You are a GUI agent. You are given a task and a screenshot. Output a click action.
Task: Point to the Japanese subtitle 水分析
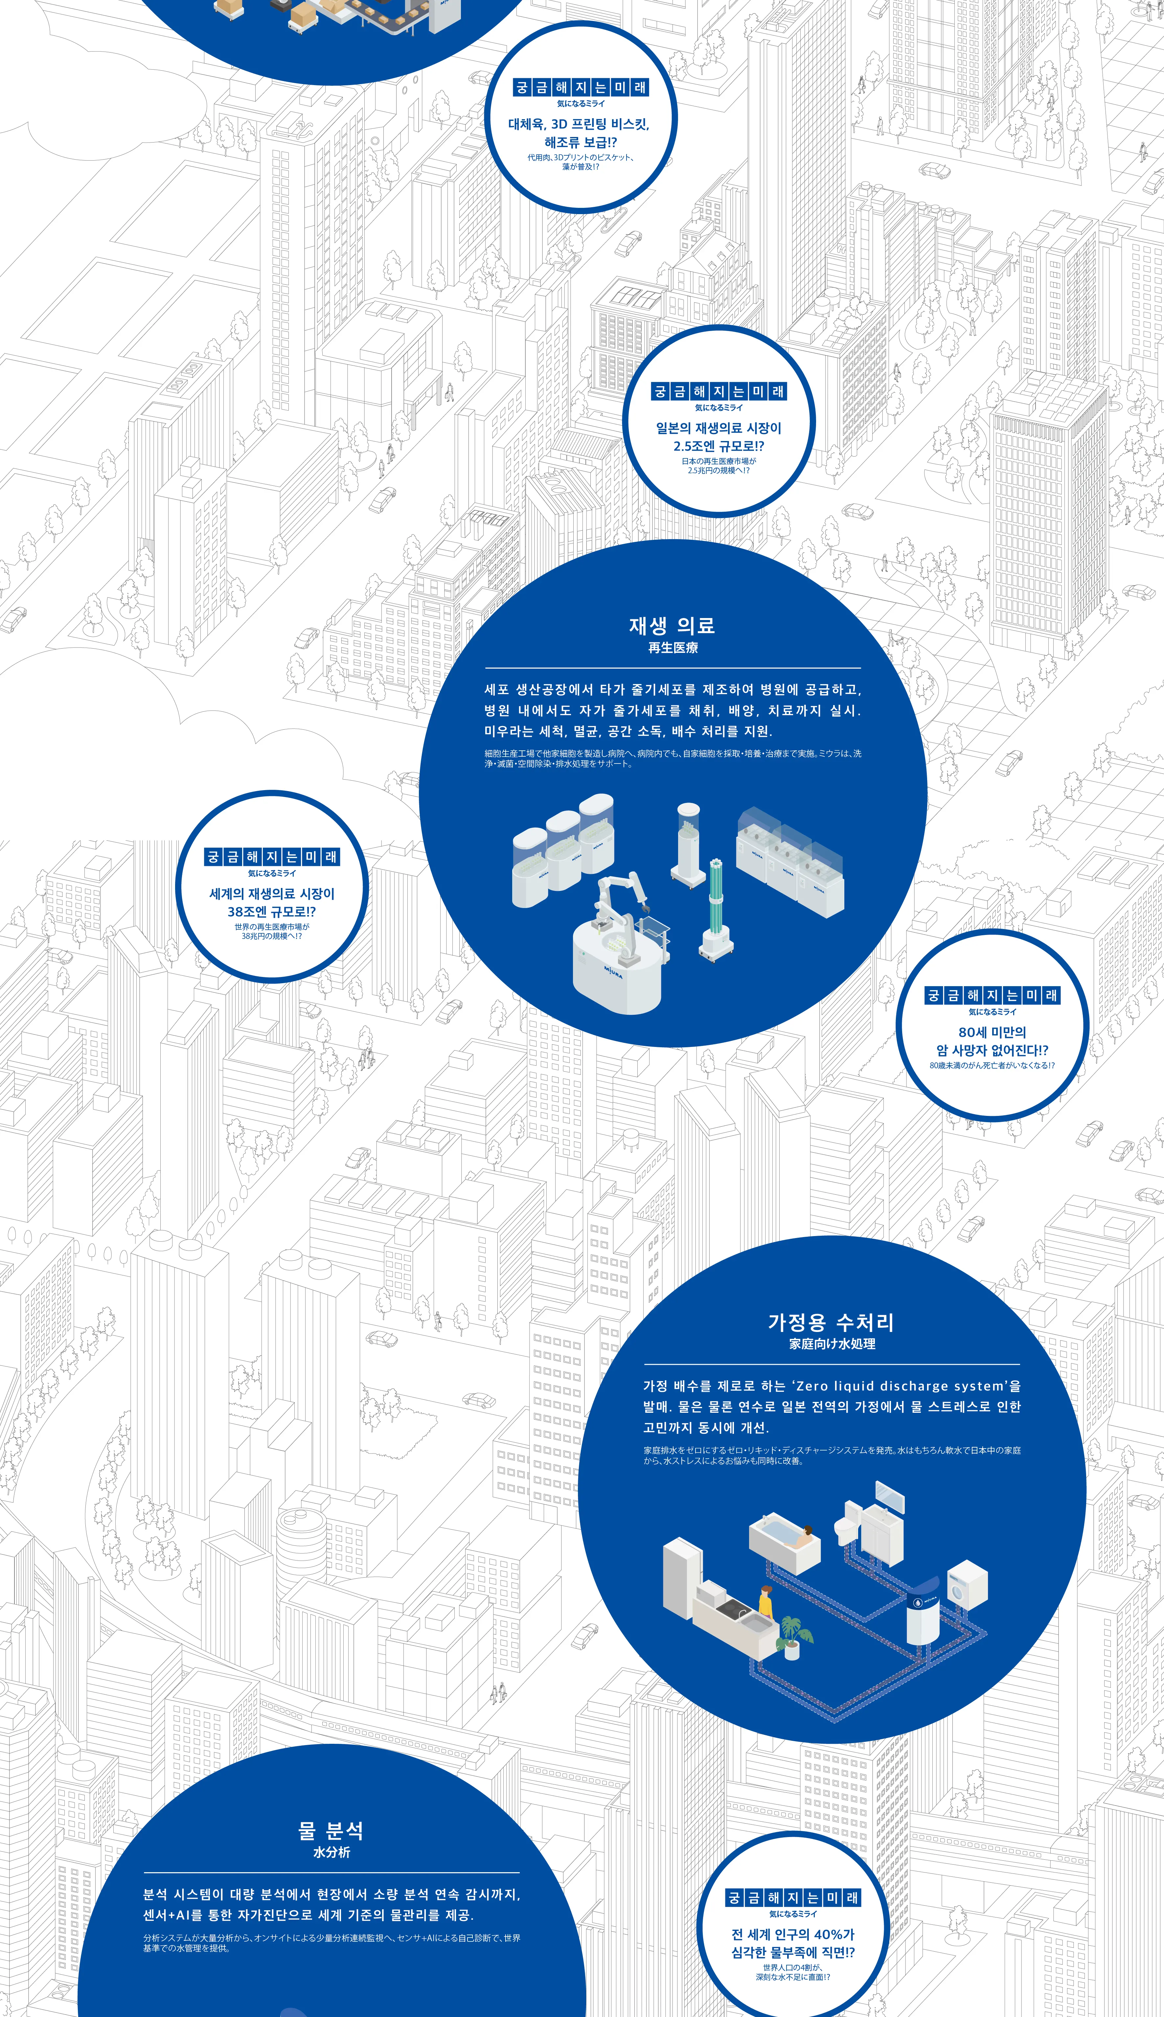331,1852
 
